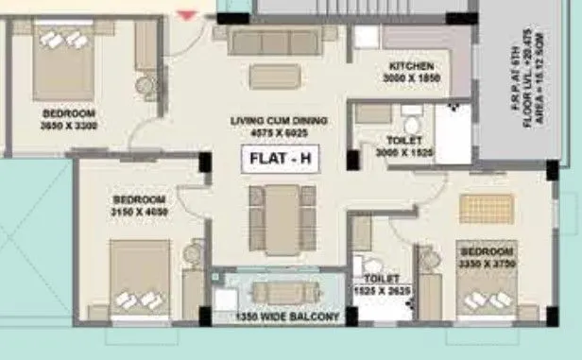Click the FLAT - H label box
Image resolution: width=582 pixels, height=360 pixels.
[280, 161]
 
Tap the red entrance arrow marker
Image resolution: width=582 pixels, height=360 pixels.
[189, 14]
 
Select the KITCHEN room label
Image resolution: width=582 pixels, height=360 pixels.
[411, 67]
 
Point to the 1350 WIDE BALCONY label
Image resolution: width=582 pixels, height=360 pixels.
[288, 317]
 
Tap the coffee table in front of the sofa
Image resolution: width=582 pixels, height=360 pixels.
[277, 75]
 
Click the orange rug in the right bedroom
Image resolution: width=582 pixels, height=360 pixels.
[487, 208]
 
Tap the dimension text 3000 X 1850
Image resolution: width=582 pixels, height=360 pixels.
[411, 78]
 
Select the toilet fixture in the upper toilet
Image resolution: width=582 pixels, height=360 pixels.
[411, 127]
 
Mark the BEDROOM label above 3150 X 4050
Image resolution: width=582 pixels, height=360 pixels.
[140, 200]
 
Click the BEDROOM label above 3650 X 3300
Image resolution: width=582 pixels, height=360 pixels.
[69, 113]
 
